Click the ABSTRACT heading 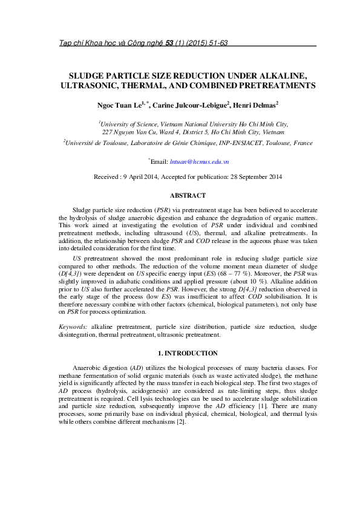188,195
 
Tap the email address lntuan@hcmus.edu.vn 199,162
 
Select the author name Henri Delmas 254,105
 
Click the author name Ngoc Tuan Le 119,105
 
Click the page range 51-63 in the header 216,43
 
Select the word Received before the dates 106,177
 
